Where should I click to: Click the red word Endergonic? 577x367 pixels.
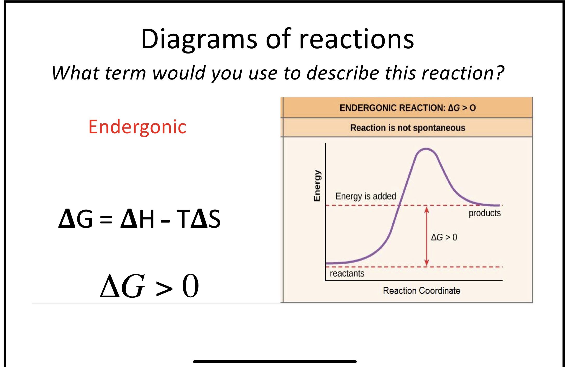137,127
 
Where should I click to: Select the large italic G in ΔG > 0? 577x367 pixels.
133,286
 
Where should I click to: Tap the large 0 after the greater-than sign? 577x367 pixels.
190,286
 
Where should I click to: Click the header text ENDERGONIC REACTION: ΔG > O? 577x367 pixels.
408,108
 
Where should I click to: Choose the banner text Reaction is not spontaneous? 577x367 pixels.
408,128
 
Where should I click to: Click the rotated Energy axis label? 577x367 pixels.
317,185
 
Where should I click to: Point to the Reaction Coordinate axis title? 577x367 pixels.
421,290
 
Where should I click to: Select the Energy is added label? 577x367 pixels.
366,196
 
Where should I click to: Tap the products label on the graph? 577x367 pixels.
485,213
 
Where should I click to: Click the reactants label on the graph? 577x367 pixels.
347,273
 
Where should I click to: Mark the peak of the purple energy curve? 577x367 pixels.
426,149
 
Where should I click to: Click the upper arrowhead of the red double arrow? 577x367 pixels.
426,209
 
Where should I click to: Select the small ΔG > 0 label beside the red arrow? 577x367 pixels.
444,237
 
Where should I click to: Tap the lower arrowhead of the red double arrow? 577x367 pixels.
426,263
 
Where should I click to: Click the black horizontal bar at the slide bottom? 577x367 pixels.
275,362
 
